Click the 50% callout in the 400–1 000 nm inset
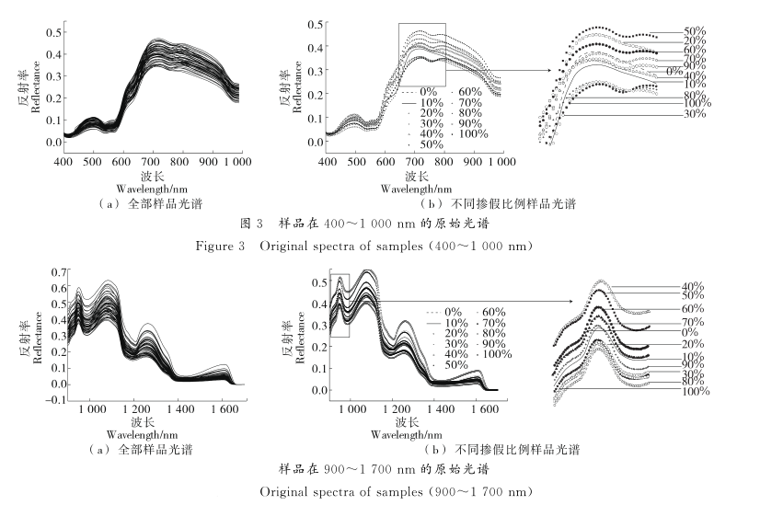click(696, 32)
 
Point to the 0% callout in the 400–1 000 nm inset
click(675, 70)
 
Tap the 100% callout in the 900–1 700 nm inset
click(695, 391)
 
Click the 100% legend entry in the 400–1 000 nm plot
click(474, 132)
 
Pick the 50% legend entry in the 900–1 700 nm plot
click(455, 366)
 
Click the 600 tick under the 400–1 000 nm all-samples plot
click(121, 162)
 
